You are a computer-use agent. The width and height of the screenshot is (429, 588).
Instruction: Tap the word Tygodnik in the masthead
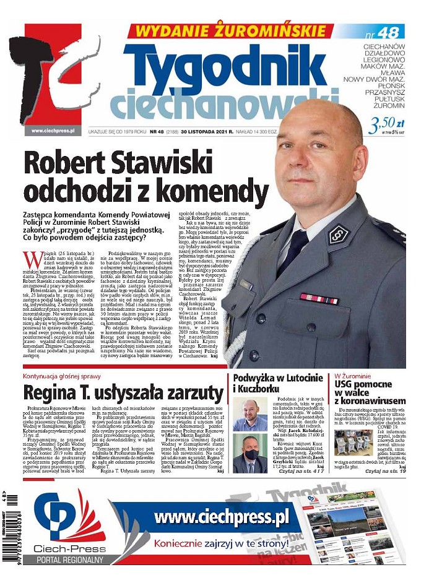(x=216, y=66)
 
